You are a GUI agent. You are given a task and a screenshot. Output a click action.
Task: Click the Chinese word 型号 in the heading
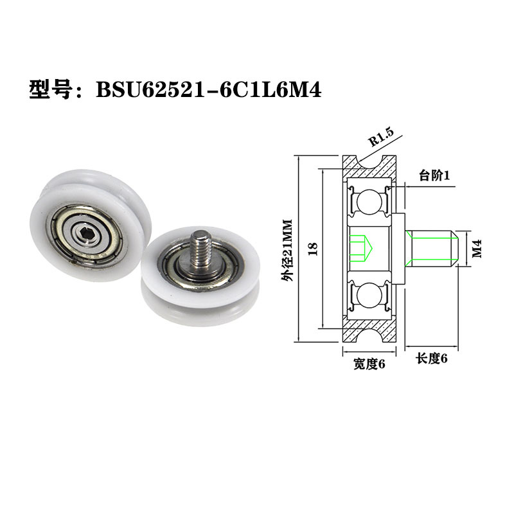pos(54,89)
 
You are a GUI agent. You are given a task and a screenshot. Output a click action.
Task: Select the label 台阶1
pos(435,175)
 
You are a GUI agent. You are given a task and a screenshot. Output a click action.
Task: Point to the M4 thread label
pos(477,247)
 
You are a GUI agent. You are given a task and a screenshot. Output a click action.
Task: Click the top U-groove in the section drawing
pos(371,167)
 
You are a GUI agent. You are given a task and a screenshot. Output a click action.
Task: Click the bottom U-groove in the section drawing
pos(371,329)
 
